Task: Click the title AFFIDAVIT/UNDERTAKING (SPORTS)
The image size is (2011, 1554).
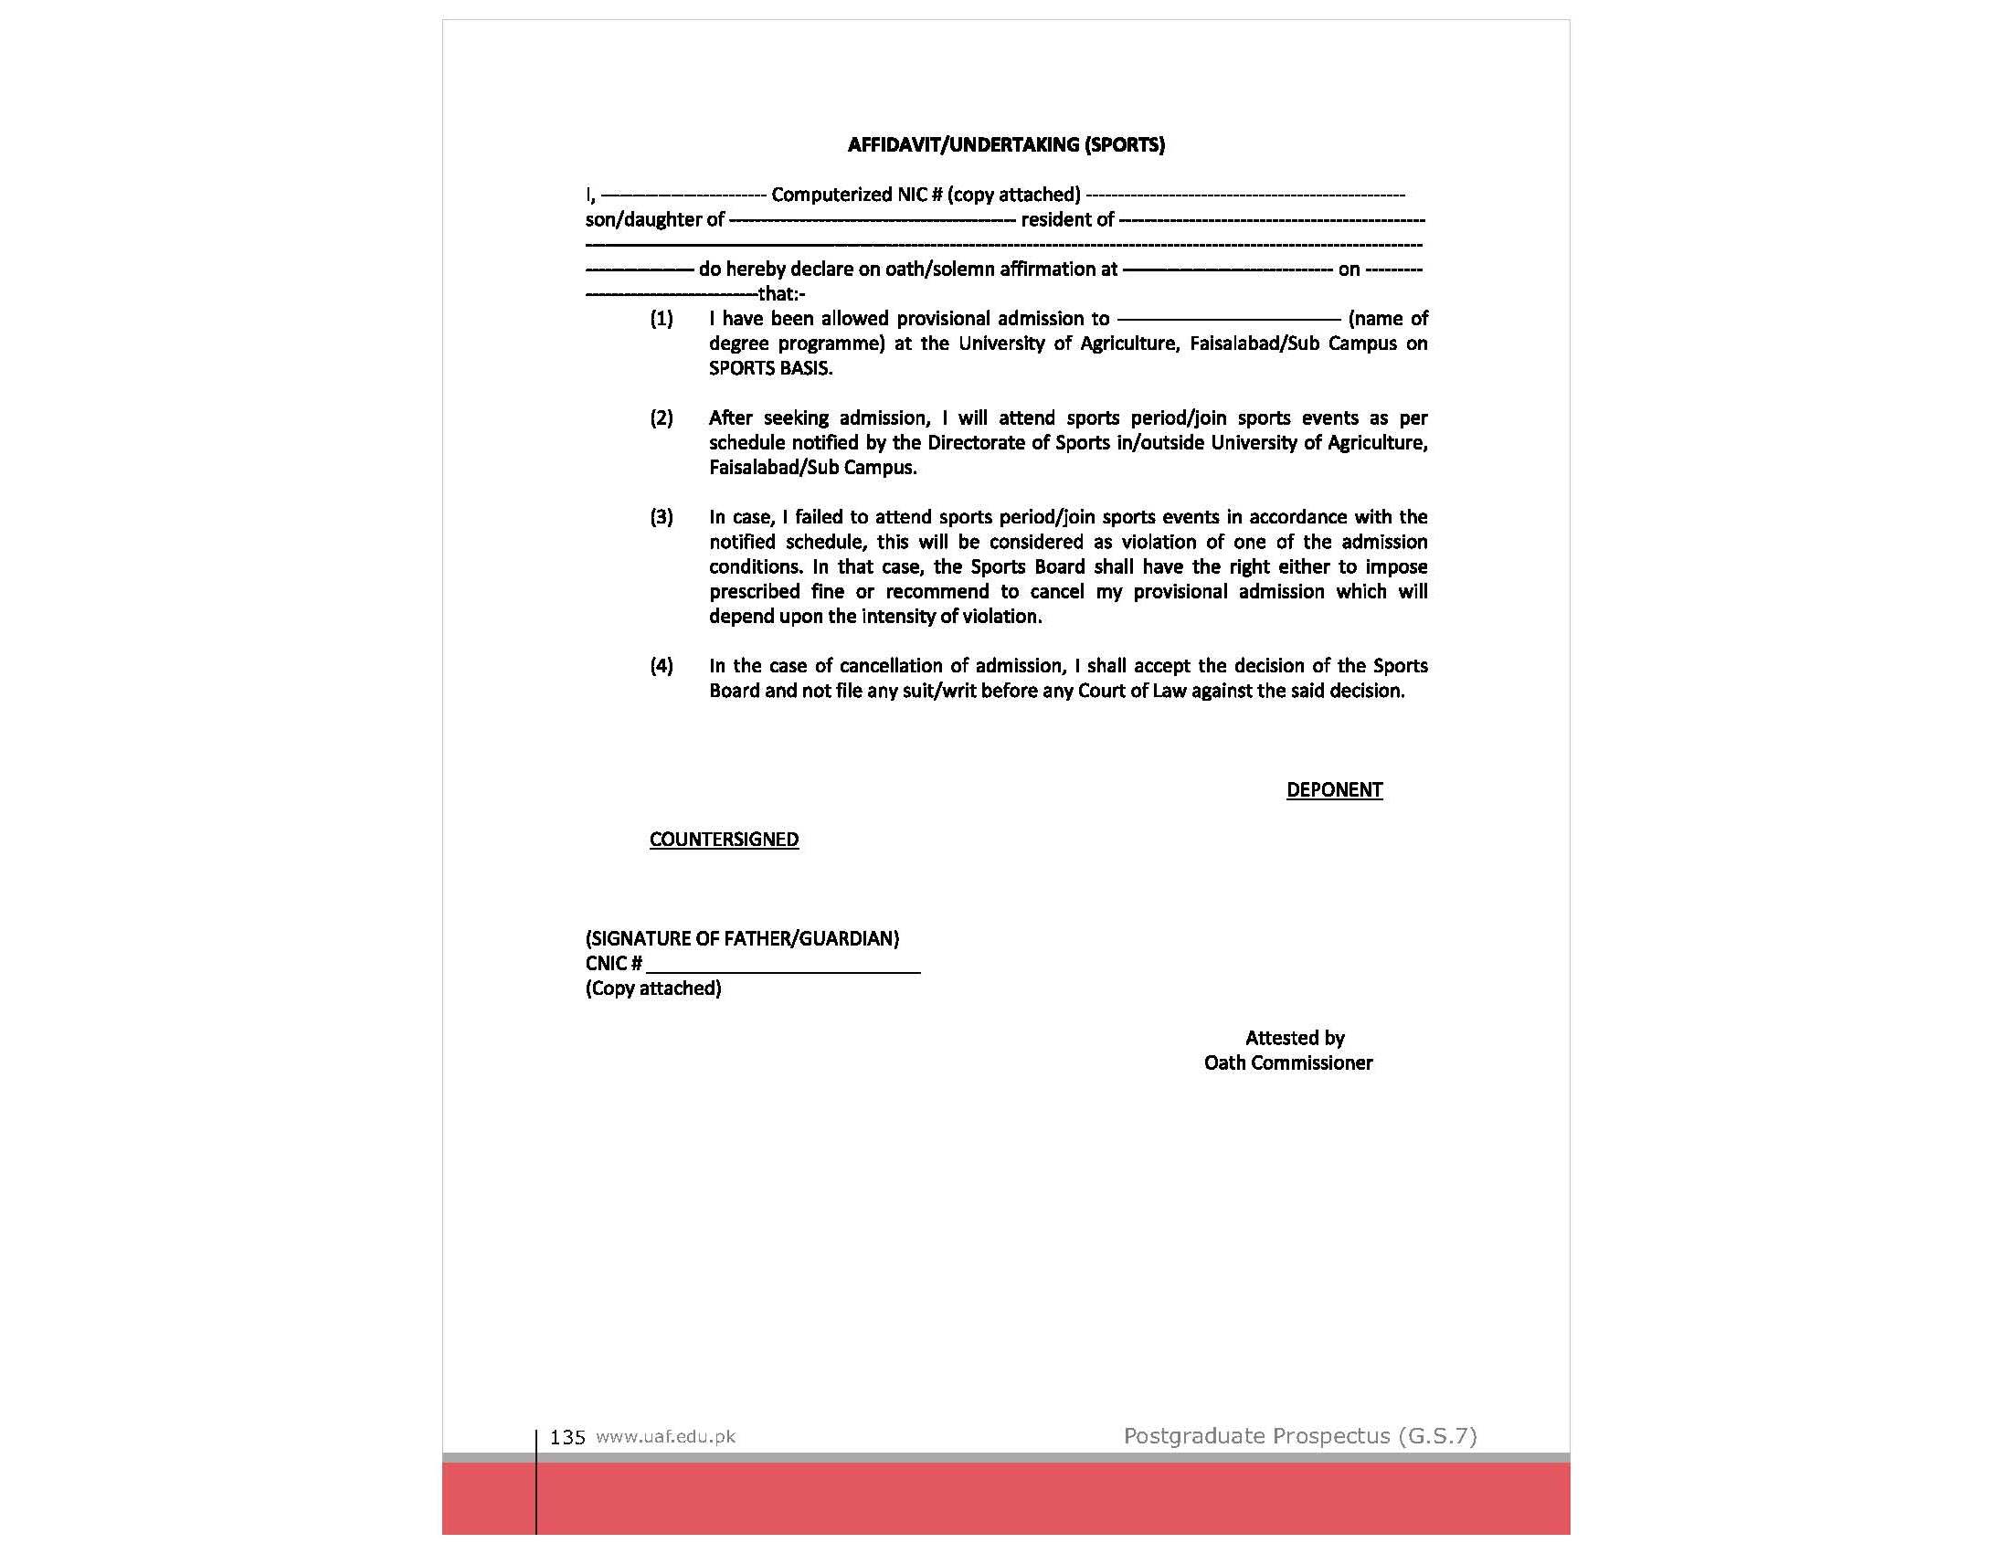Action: [1005, 144]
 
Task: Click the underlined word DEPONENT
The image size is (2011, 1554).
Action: [1333, 790]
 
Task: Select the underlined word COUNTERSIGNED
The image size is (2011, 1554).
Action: [724, 840]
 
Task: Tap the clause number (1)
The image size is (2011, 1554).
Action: [662, 319]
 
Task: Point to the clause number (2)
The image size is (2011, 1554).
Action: [662, 418]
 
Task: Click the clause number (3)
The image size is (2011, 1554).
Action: [662, 517]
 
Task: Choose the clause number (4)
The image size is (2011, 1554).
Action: [662, 666]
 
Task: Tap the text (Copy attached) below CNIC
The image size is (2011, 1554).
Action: [653, 988]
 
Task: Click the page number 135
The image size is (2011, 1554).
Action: [567, 1437]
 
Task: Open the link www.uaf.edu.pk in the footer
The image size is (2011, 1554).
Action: [666, 1436]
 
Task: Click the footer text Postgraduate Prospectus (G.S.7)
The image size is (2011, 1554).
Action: [1299, 1435]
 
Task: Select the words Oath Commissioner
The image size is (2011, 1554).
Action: [1287, 1063]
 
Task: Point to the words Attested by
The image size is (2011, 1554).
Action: [1295, 1039]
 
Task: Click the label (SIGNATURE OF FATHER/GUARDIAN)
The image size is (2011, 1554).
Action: [742, 939]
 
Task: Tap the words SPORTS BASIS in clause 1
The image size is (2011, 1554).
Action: [770, 368]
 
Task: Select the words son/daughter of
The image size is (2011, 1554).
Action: [655, 220]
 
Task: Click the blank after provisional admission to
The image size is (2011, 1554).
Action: [1228, 320]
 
